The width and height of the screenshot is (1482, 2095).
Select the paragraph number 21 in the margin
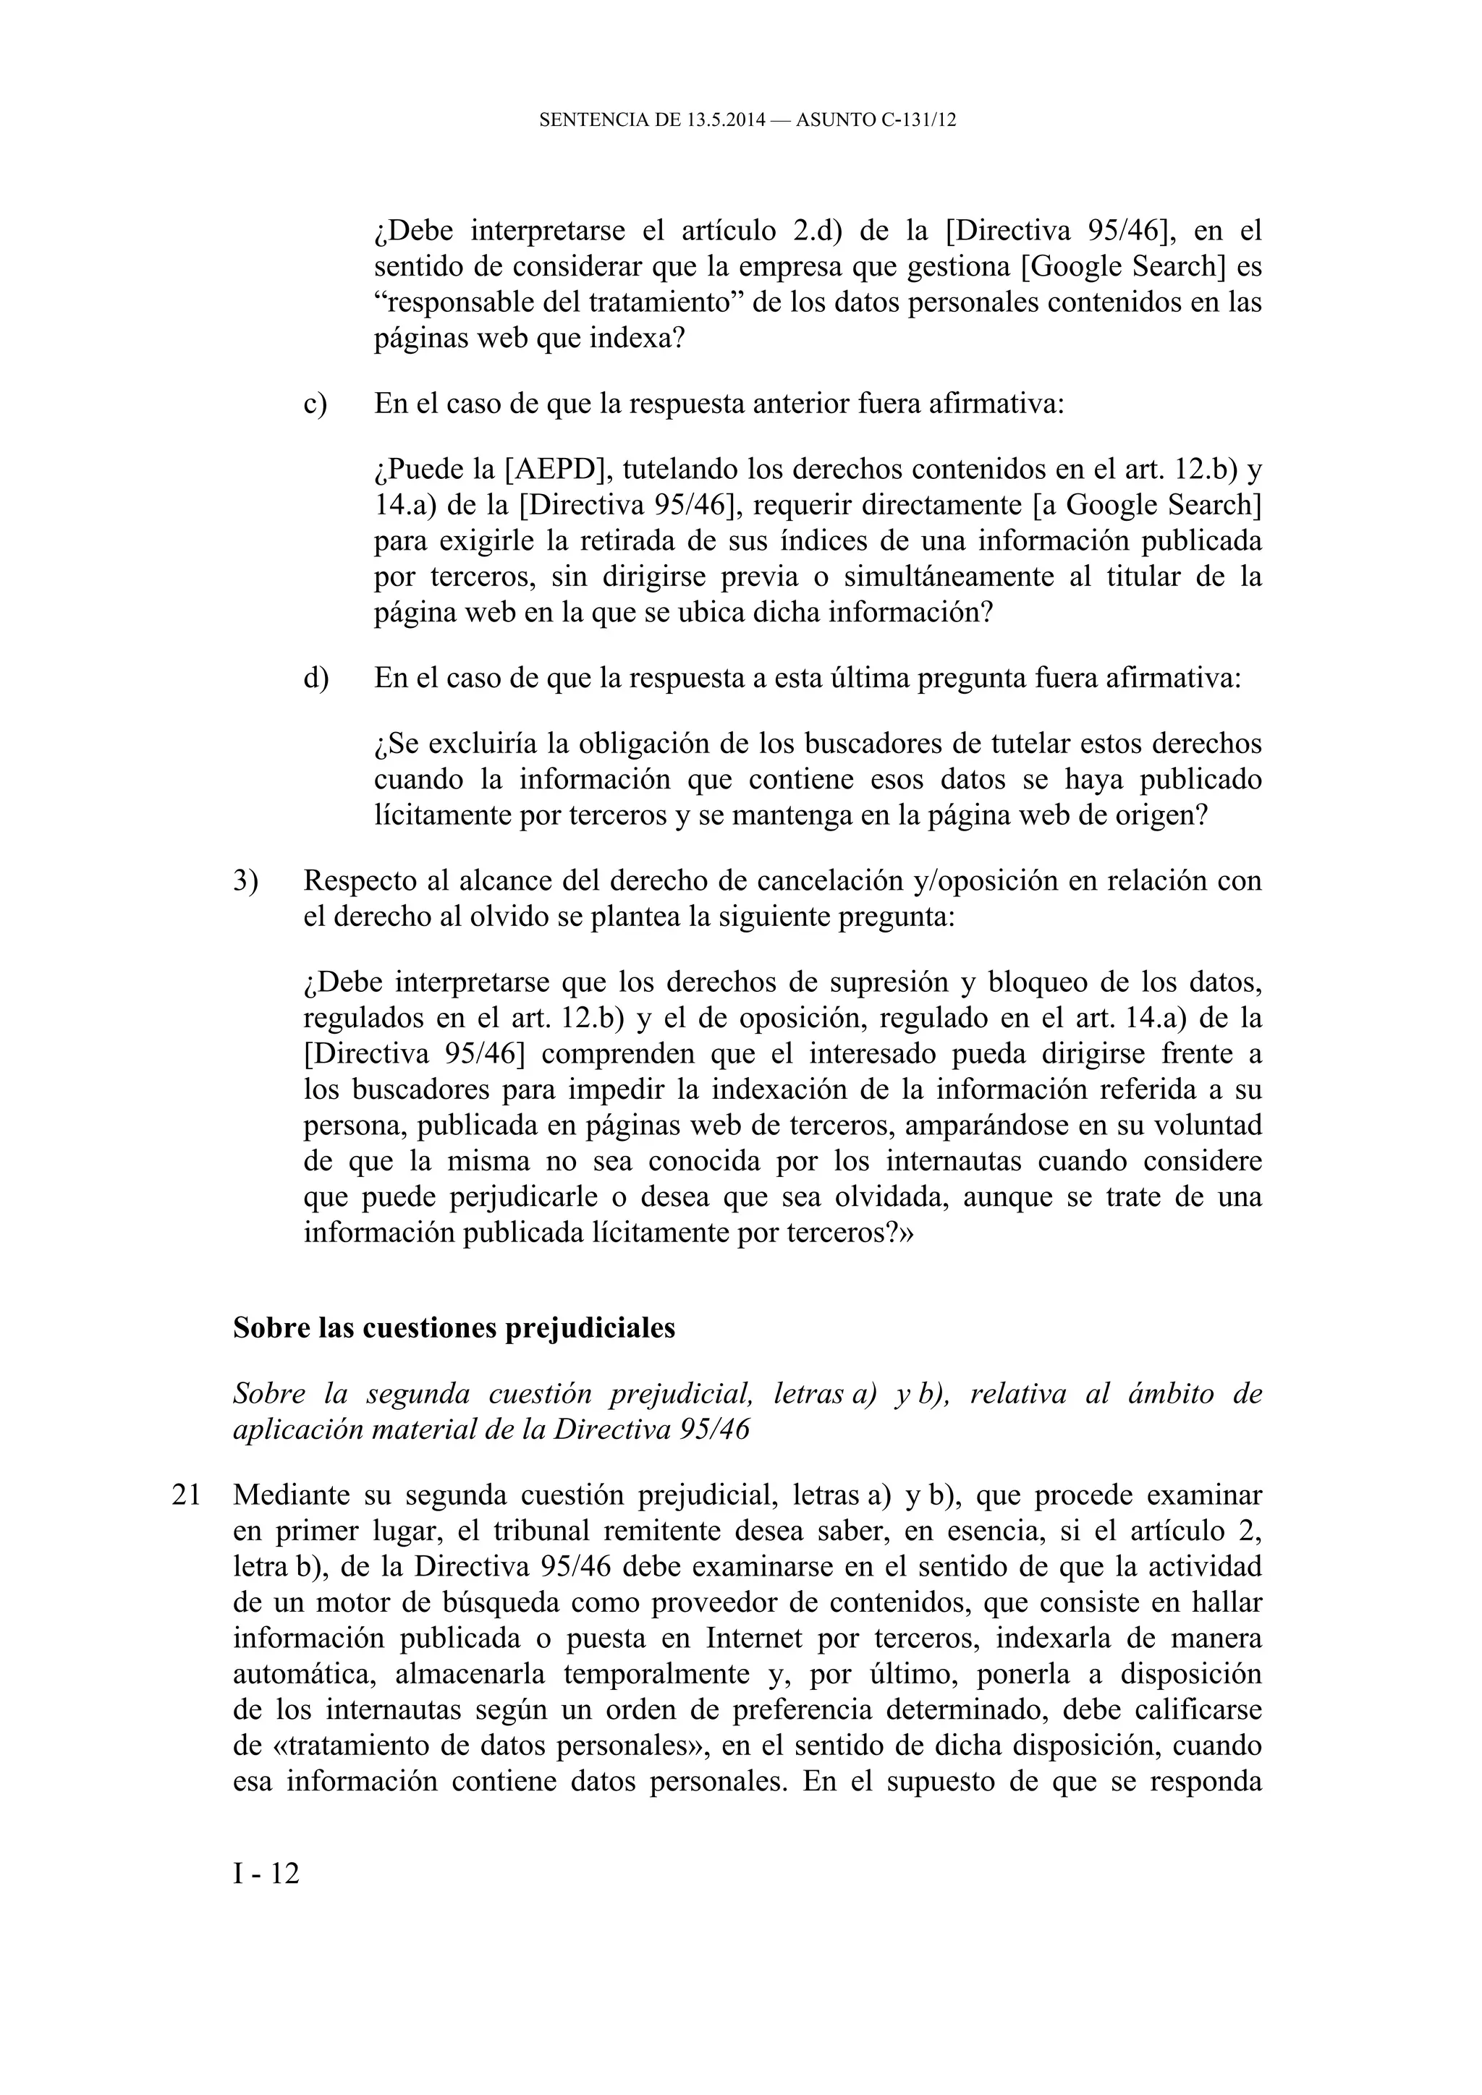[186, 1495]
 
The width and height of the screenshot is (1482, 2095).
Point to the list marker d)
[316, 679]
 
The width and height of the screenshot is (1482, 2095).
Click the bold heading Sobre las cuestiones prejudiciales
[454, 1327]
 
